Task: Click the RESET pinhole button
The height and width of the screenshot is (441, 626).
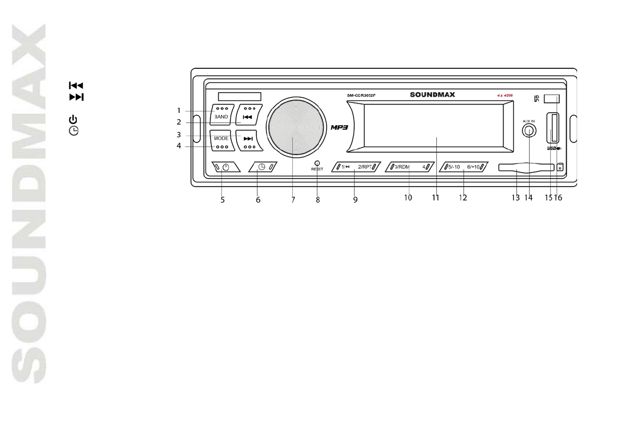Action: coord(317,163)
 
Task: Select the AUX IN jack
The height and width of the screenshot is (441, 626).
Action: coord(529,131)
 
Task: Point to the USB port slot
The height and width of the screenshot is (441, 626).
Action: coord(552,128)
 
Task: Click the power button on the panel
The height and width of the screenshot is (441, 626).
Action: coord(226,167)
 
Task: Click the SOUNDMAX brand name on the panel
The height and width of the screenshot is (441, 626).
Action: coord(433,95)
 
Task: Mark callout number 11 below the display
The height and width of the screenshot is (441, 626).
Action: coord(435,199)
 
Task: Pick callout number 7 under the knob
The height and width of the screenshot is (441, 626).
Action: coord(293,200)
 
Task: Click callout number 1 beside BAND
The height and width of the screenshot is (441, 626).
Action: coord(179,110)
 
